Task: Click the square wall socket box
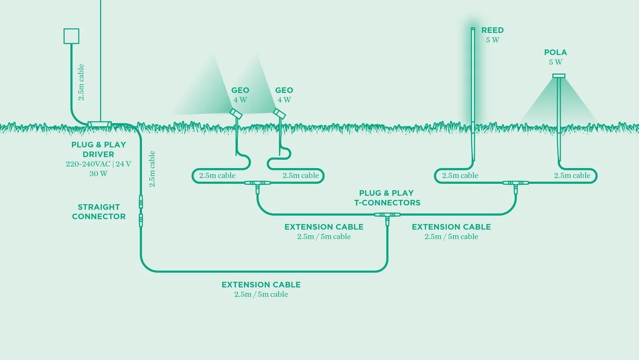click(x=71, y=36)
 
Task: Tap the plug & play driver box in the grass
click(x=99, y=124)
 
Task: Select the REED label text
click(x=492, y=30)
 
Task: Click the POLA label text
click(x=555, y=53)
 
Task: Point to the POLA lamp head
click(x=558, y=76)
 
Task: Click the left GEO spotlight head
click(x=235, y=113)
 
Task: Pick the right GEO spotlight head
click(x=278, y=113)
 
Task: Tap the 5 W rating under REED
click(x=492, y=40)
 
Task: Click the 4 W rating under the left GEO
click(x=240, y=99)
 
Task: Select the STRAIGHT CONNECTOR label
click(x=99, y=212)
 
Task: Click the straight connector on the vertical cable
click(x=141, y=211)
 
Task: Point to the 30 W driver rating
click(x=99, y=174)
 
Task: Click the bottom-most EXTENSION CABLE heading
click(x=261, y=285)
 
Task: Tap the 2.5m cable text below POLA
click(x=572, y=176)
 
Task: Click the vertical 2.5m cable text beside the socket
click(x=81, y=82)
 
